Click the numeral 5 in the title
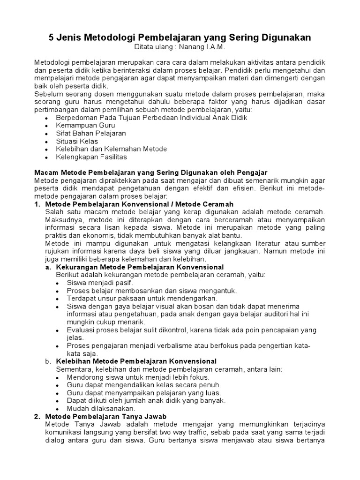point(52,37)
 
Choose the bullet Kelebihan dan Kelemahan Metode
point(111,149)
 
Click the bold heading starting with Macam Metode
point(150,172)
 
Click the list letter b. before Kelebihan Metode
point(48,361)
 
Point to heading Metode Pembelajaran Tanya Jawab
point(105,416)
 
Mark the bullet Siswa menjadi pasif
point(100,283)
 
